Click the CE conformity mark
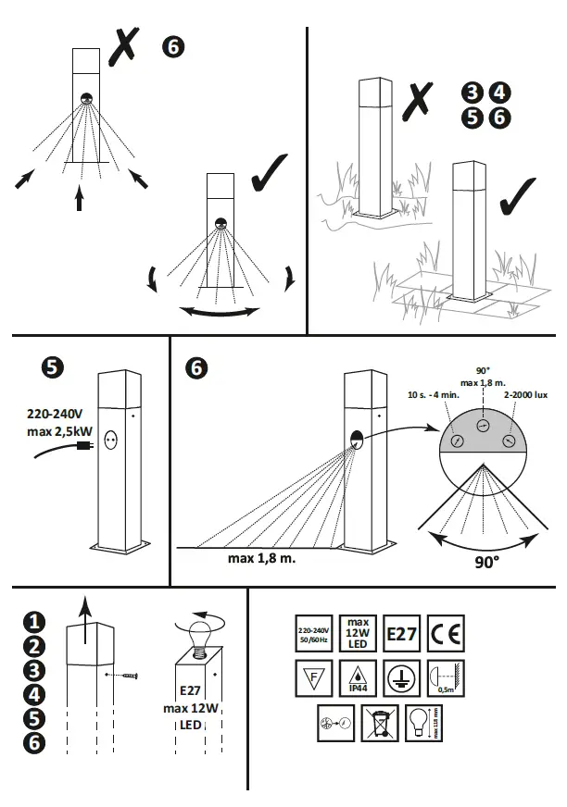click(444, 636)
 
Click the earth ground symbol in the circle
click(400, 677)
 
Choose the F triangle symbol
click(312, 677)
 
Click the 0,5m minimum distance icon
click(444, 677)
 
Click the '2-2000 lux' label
click(527, 395)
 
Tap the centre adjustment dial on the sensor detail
click(482, 425)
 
